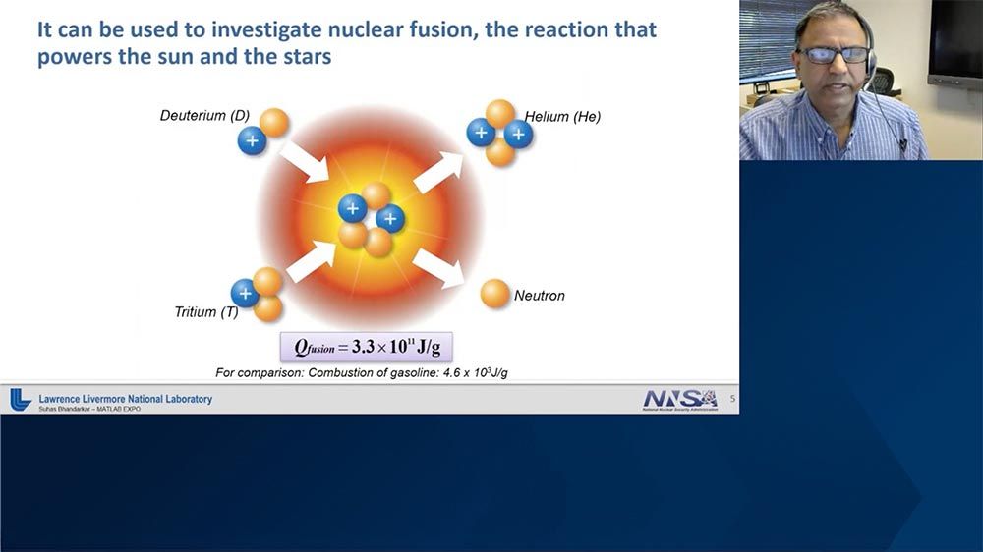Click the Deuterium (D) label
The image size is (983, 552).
click(x=204, y=116)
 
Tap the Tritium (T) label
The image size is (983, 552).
click(x=206, y=312)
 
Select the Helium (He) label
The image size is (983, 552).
click(x=562, y=116)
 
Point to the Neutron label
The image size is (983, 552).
click(x=540, y=295)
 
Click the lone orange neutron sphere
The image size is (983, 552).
click(x=495, y=294)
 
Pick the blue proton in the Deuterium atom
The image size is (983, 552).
click(x=253, y=140)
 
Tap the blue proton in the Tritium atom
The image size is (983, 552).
click(x=245, y=293)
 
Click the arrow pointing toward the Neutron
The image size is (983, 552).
click(x=437, y=267)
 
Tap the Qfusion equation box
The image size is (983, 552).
click(x=367, y=347)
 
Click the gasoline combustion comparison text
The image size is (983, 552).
click(x=362, y=372)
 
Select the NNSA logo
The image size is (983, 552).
click(x=679, y=399)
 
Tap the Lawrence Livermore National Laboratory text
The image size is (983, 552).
click(x=125, y=399)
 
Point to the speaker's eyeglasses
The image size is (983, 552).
click(x=833, y=55)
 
